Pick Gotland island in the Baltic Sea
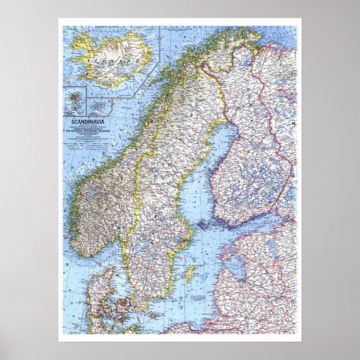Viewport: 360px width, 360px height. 191,274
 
